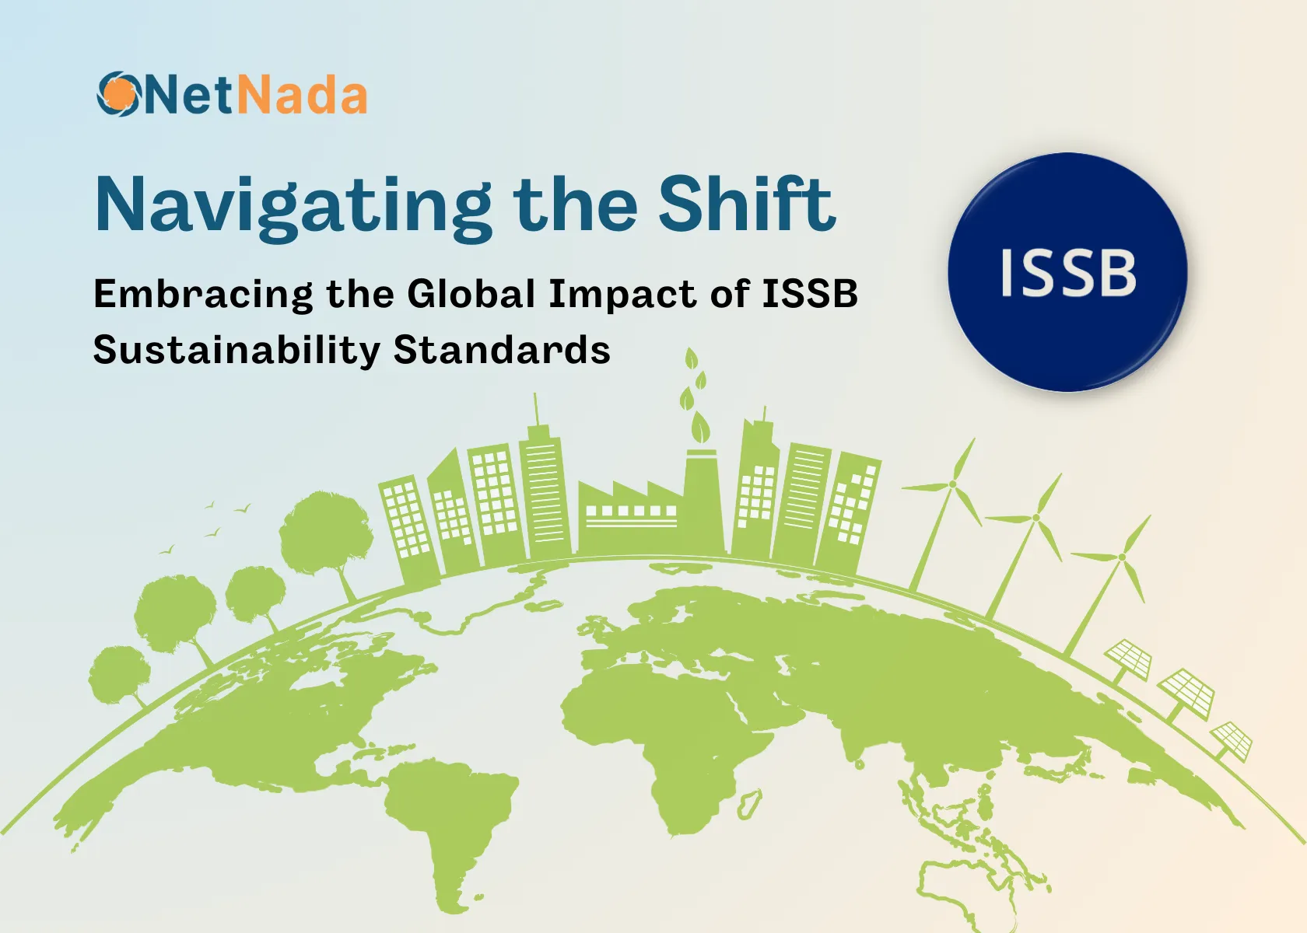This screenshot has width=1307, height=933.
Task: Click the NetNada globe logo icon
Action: tap(119, 94)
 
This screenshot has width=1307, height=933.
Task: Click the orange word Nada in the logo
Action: tap(301, 96)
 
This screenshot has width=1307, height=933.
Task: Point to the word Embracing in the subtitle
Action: tap(203, 295)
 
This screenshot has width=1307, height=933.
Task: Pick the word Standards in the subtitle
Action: tap(502, 350)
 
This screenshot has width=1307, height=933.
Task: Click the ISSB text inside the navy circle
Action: tap(1067, 273)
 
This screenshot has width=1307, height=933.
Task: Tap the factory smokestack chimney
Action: tap(702, 498)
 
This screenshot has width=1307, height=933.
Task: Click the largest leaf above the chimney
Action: tap(701, 427)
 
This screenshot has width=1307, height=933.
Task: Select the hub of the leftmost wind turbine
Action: tap(951, 485)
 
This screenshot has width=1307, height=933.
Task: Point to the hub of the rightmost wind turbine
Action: tap(1122, 557)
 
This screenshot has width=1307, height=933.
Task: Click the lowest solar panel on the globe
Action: tap(1231, 739)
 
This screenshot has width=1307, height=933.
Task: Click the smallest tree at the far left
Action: tap(118, 673)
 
